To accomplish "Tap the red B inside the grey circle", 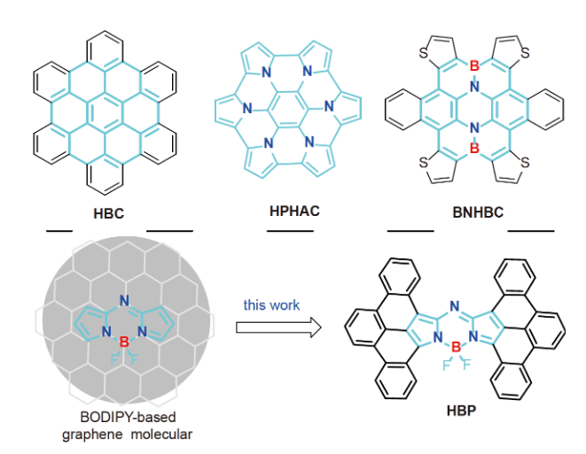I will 123,341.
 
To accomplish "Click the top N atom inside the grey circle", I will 123,300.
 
